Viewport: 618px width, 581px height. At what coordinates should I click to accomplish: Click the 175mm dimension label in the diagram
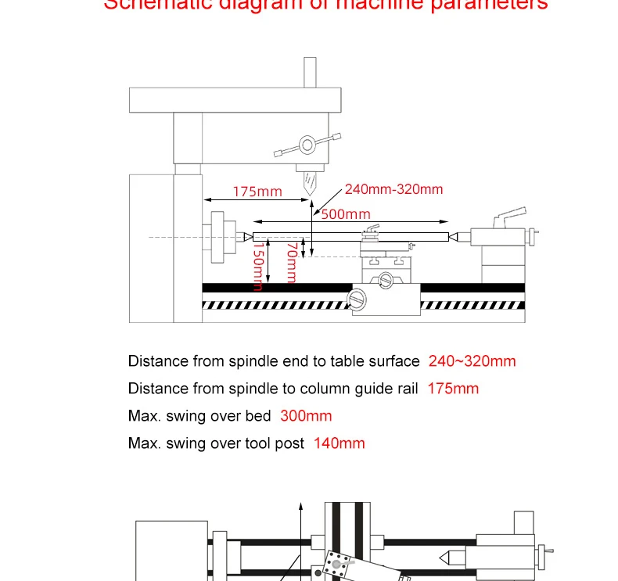click(257, 192)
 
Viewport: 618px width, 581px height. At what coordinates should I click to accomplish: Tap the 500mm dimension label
click(346, 214)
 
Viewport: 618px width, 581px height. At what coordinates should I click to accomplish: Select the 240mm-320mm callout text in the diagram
click(393, 189)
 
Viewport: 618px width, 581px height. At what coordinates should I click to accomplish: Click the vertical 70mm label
click(292, 262)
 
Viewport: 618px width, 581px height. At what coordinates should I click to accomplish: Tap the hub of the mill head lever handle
click(306, 145)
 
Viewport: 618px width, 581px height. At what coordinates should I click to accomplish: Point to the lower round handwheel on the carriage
click(358, 298)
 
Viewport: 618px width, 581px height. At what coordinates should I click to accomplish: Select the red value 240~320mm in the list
click(472, 361)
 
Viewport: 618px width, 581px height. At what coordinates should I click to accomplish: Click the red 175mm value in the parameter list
click(453, 389)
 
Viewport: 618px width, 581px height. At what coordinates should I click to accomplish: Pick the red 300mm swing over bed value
click(306, 416)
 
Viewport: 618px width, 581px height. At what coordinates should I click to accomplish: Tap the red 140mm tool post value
click(339, 443)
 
